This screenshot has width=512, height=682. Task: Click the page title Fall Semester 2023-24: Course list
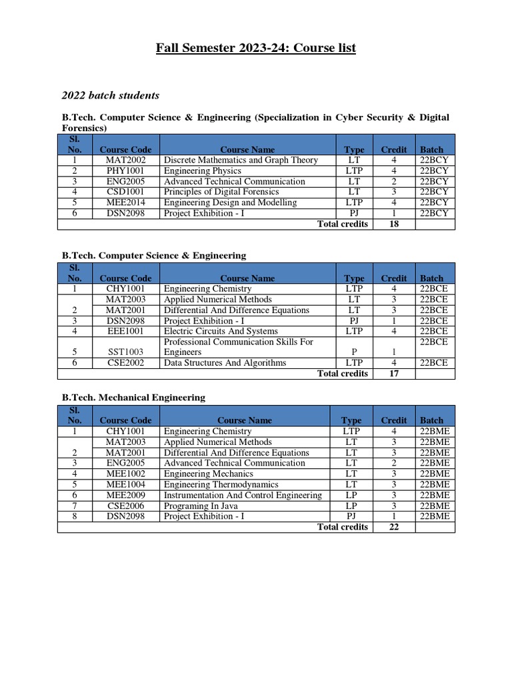point(256,48)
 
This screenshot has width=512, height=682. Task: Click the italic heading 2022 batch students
point(111,95)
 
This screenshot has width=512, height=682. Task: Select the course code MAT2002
point(125,161)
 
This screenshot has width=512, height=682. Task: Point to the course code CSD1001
point(125,192)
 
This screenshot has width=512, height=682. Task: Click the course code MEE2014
point(125,203)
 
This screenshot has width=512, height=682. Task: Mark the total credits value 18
point(393,224)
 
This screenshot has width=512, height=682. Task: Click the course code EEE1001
point(125,332)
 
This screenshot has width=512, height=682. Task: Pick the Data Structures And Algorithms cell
point(225,363)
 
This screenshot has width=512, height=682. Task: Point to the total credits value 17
point(393,374)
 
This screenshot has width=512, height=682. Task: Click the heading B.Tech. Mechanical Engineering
point(133,398)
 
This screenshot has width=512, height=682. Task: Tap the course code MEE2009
point(125,496)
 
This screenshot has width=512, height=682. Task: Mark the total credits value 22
point(393,527)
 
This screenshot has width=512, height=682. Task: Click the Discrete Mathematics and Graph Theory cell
point(241,161)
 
